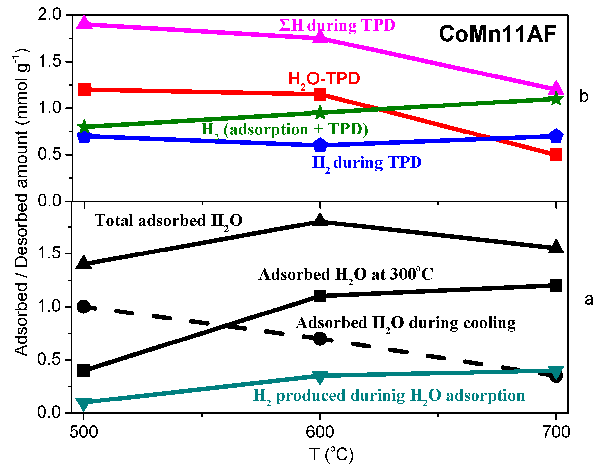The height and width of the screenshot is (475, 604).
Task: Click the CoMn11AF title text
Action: tap(497, 34)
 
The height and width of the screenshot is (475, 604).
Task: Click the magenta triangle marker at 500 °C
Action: tap(84, 23)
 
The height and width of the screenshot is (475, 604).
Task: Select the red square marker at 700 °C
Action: tap(556, 155)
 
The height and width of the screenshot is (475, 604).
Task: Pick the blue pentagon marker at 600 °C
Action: tap(320, 145)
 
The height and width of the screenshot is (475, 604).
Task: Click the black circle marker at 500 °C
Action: tap(84, 307)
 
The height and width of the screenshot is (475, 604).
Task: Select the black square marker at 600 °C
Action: tap(320, 296)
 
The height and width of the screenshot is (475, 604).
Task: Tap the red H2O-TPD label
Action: tap(324, 79)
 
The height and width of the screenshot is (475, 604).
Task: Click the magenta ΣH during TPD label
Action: tap(337, 25)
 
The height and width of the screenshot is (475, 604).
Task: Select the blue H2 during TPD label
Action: tap(367, 163)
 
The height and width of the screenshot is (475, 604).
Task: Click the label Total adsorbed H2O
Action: tap(168, 221)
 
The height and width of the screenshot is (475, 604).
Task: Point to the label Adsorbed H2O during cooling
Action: tap(406, 323)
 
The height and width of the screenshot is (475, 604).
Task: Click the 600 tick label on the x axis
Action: tap(320, 432)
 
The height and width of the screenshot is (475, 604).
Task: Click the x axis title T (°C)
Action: tap(331, 455)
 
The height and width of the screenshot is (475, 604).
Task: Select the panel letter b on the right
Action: tap(584, 96)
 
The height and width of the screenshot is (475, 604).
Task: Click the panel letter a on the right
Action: tap(589, 299)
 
